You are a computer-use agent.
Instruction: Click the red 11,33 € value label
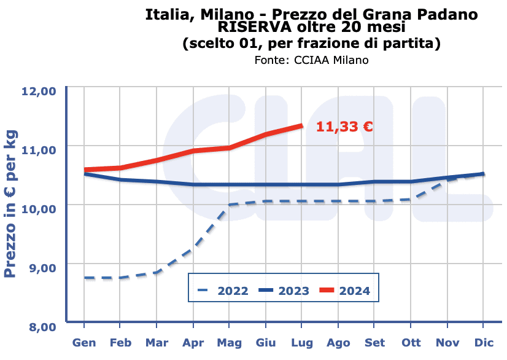click(x=344, y=127)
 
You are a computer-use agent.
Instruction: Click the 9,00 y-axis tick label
click(x=41, y=267)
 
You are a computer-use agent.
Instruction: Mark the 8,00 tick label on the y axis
click(x=41, y=326)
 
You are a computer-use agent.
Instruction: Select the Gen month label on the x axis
click(x=84, y=342)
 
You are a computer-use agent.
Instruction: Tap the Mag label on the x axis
click(x=230, y=342)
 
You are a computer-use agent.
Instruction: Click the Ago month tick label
click(x=338, y=342)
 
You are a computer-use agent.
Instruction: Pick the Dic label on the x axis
click(x=484, y=342)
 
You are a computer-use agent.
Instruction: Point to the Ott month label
click(x=411, y=342)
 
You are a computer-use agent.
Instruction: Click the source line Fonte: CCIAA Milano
click(x=311, y=60)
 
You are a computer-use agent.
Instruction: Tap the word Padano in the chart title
click(x=444, y=14)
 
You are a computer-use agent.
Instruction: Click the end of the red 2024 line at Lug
click(x=301, y=125)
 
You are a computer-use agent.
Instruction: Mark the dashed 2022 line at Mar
click(x=157, y=272)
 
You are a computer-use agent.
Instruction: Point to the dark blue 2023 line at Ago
click(x=338, y=184)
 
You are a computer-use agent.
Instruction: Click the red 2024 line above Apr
click(x=193, y=151)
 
